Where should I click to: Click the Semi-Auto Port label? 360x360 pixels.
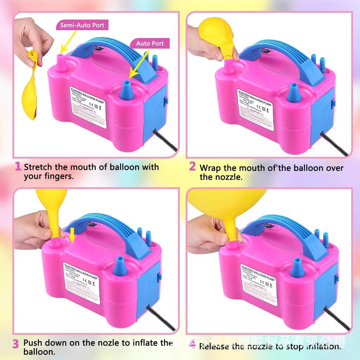tap(82, 25)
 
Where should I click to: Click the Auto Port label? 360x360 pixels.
tap(150, 44)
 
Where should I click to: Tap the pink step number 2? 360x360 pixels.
tap(192, 166)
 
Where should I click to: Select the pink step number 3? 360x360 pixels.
tap(16, 344)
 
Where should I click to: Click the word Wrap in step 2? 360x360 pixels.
tap(210, 168)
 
